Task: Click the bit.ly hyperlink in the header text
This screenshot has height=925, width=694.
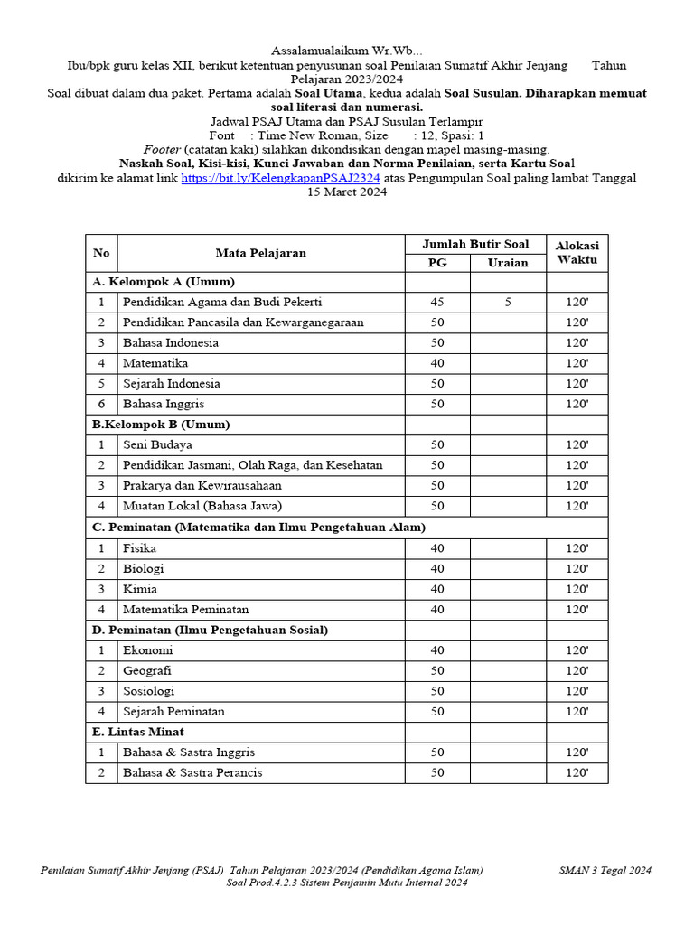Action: tap(280, 179)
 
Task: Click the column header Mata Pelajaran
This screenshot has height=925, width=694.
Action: tap(260, 253)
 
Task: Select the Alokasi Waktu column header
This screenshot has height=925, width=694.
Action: tap(577, 253)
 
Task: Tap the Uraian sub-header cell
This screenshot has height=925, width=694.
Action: tap(508, 263)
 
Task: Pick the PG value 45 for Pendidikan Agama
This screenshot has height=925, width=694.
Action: tap(437, 303)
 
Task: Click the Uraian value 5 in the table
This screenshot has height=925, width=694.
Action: tap(508, 303)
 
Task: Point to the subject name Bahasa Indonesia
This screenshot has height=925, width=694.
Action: tap(171, 343)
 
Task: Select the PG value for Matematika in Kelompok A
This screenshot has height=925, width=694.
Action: tap(437, 363)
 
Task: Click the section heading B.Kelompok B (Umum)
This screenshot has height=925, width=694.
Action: tap(161, 425)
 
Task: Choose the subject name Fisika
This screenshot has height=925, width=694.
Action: tap(140, 548)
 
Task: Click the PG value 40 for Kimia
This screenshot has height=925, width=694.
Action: tap(437, 589)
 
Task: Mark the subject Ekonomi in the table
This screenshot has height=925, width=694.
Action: tap(148, 650)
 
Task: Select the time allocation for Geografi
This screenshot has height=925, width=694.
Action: tap(577, 670)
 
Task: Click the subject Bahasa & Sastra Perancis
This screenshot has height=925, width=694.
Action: tap(193, 772)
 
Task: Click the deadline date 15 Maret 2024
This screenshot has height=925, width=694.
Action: tap(347, 192)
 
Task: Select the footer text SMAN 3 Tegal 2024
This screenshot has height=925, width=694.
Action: tap(605, 871)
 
